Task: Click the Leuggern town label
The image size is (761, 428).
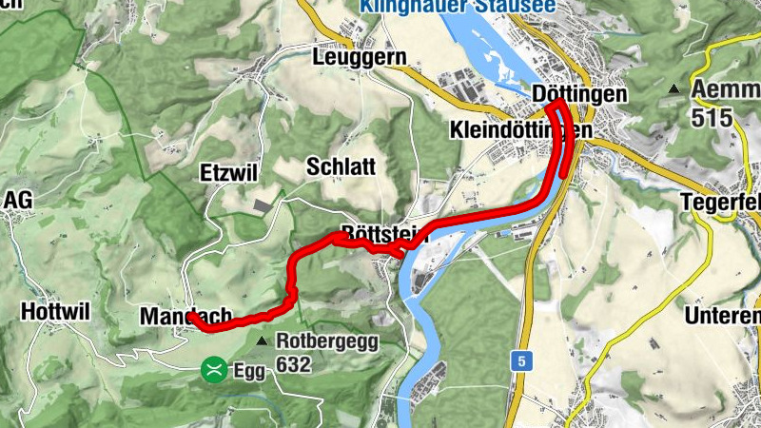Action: pyautogui.click(x=359, y=57)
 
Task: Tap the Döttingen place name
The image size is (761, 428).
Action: pyautogui.click(x=580, y=94)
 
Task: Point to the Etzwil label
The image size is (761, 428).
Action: pyautogui.click(x=229, y=173)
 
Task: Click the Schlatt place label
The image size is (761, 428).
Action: pyautogui.click(x=341, y=166)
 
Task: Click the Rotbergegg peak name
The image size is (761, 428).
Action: pyautogui.click(x=327, y=340)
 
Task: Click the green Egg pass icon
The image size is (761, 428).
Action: pyautogui.click(x=215, y=370)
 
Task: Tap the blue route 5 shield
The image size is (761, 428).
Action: pyautogui.click(x=520, y=360)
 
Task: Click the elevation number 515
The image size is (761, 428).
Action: pyautogui.click(x=712, y=118)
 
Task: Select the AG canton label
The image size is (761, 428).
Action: pyautogui.click(x=18, y=200)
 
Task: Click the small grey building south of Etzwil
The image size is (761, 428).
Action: pyautogui.click(x=263, y=204)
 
